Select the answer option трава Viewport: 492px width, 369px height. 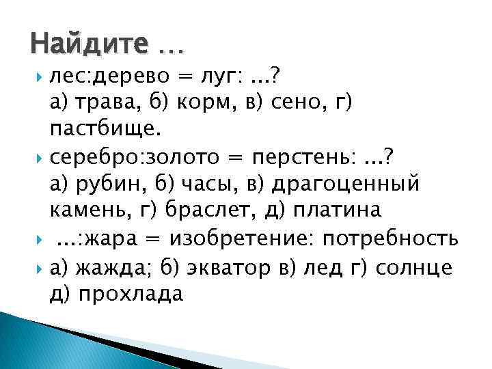[105, 104]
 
